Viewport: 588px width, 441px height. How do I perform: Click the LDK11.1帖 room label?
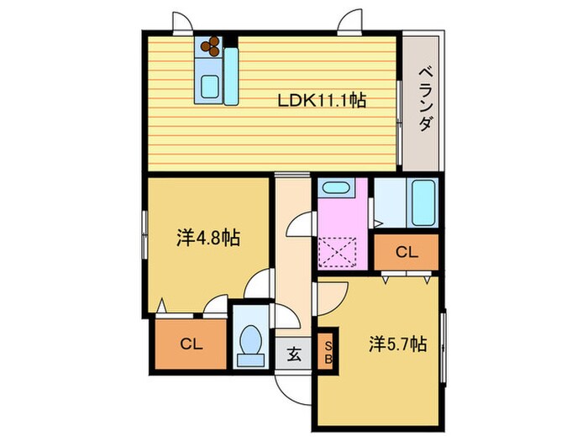(322, 101)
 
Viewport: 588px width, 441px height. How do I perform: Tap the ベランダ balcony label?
(425, 99)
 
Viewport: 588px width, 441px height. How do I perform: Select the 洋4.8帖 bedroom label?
(207, 239)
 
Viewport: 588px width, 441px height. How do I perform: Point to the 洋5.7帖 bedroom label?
(397, 344)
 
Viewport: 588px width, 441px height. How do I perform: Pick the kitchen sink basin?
(209, 86)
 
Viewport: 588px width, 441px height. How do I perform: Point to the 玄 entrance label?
(294, 354)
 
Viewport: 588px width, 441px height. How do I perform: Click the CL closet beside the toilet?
(189, 344)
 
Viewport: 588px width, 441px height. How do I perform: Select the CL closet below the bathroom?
(406, 251)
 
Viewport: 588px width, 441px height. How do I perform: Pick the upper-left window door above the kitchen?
(183, 24)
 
